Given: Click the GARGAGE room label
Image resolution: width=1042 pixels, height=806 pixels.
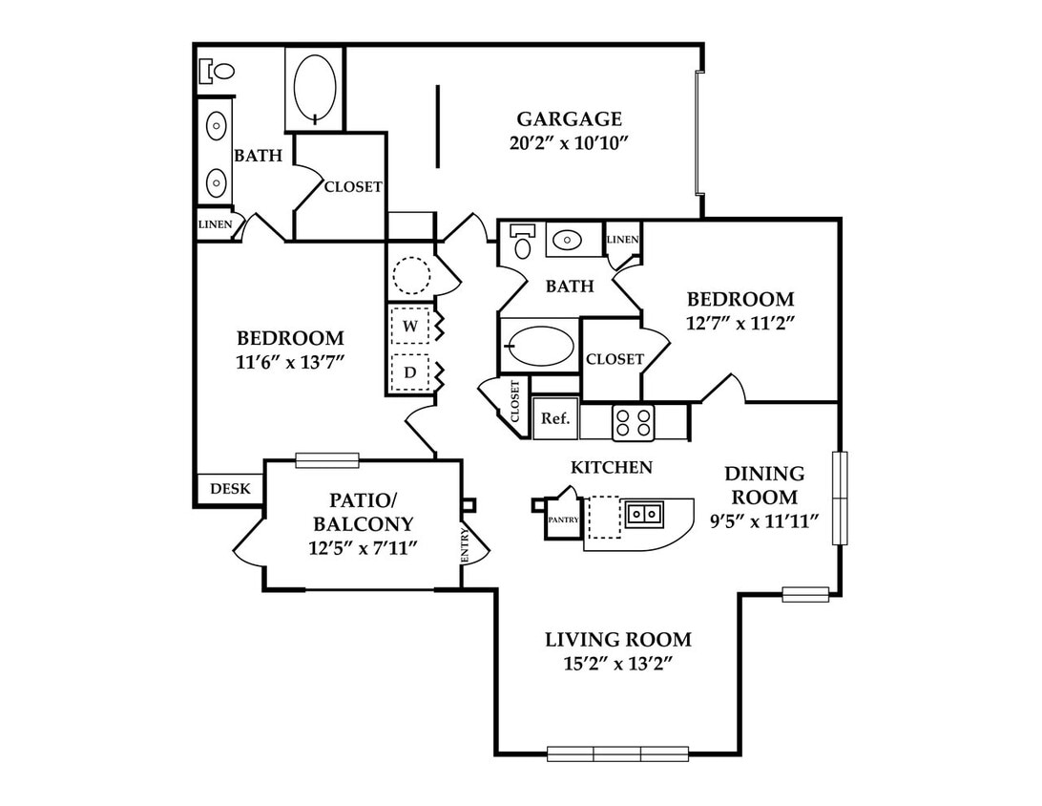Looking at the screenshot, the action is coord(569,119).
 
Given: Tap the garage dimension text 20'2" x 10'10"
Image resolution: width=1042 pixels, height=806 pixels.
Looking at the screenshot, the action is coord(569,143).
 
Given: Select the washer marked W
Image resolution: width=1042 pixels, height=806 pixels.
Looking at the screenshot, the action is coord(410,326).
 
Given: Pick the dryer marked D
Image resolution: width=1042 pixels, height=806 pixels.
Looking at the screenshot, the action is coord(410,372).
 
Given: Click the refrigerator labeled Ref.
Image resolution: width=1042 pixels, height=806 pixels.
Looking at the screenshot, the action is coord(555,418).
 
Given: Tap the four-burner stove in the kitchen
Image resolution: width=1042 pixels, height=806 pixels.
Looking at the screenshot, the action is coord(633,422).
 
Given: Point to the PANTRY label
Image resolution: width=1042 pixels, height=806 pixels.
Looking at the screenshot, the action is coord(563,520).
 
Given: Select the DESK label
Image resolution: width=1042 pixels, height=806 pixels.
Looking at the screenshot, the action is coord(230,489).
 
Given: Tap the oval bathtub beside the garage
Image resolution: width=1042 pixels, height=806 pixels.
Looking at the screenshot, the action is coord(314,89).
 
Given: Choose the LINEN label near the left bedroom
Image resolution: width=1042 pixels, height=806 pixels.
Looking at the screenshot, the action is coord(216,224).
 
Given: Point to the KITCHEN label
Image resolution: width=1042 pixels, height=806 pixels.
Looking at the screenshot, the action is coord(612,468).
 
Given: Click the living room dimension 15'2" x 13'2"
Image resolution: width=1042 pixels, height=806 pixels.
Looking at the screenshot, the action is coord(618,664).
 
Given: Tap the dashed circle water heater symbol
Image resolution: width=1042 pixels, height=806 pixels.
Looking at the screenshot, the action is coord(411,275).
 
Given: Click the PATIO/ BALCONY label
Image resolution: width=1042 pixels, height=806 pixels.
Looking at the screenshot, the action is coord(363,512).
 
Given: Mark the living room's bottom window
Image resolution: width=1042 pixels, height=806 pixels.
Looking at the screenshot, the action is coord(617,753).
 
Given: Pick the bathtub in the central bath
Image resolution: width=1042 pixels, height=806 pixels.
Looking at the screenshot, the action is coord(540,346).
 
